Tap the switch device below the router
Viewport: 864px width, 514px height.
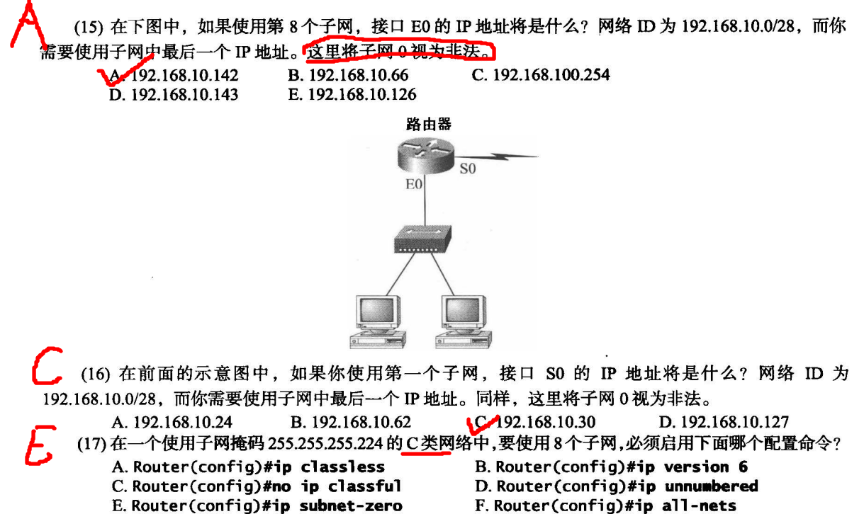[x=423, y=241]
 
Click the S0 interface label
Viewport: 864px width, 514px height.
[x=469, y=169]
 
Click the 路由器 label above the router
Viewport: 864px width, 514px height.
[x=428, y=125]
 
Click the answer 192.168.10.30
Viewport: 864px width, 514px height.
[x=546, y=422]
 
